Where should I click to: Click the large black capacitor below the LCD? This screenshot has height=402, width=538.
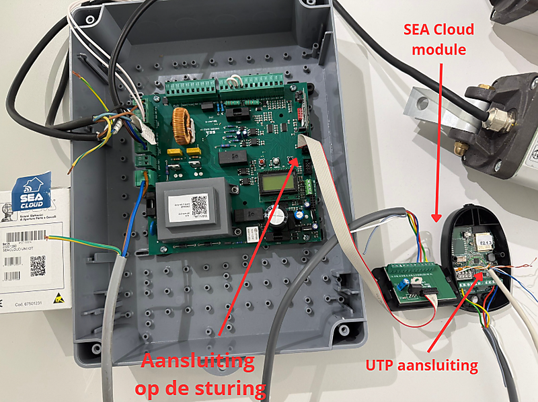278,216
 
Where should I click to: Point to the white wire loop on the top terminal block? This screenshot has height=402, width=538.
233,81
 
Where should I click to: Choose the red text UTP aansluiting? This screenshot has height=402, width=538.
422,366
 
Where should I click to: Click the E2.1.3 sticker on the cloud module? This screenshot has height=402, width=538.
484,239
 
